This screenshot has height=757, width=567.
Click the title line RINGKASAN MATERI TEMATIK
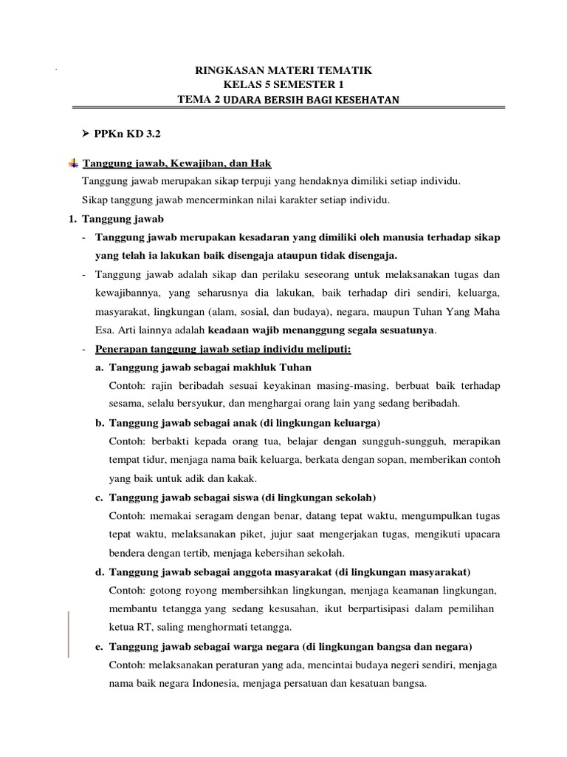coord(283,70)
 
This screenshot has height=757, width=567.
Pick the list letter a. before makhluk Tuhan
coord(99,367)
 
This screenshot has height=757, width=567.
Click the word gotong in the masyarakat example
coord(162,591)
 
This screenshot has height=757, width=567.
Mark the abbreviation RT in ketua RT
coord(142,628)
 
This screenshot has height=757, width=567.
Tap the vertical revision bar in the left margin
coord(69,634)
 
